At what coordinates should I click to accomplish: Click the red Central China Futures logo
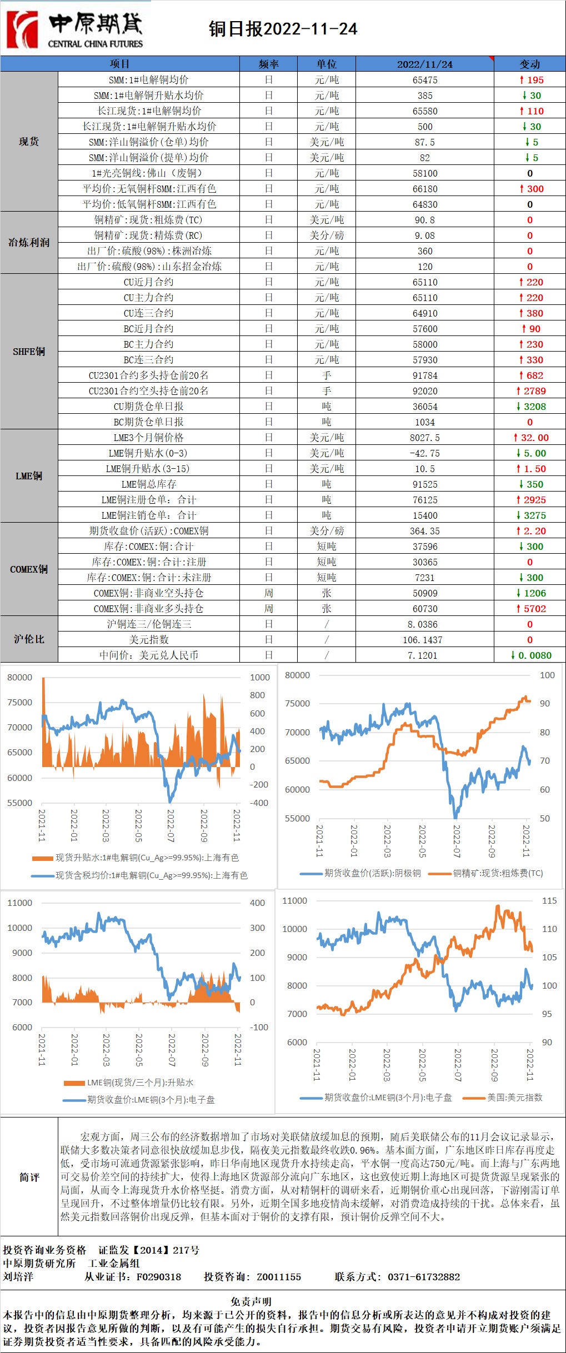(22, 29)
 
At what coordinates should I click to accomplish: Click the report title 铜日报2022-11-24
(283, 29)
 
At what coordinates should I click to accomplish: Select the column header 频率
(269, 64)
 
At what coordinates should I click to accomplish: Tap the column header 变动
(529, 64)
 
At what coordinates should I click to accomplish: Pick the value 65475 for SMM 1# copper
(425, 80)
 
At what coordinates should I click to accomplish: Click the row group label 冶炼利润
(29, 243)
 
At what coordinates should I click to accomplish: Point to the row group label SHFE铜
(29, 352)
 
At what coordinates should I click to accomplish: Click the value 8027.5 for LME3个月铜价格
(425, 438)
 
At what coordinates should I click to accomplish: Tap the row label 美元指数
(149, 640)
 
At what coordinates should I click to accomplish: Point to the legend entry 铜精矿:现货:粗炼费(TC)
(498, 873)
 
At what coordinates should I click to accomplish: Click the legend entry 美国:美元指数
(514, 1097)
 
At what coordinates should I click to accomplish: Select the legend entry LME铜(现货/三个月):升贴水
(140, 1083)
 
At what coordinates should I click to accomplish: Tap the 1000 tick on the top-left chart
(259, 678)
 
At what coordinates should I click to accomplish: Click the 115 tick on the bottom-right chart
(549, 901)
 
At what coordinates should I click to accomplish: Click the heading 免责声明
(251, 1301)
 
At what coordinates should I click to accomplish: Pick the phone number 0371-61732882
(424, 1277)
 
